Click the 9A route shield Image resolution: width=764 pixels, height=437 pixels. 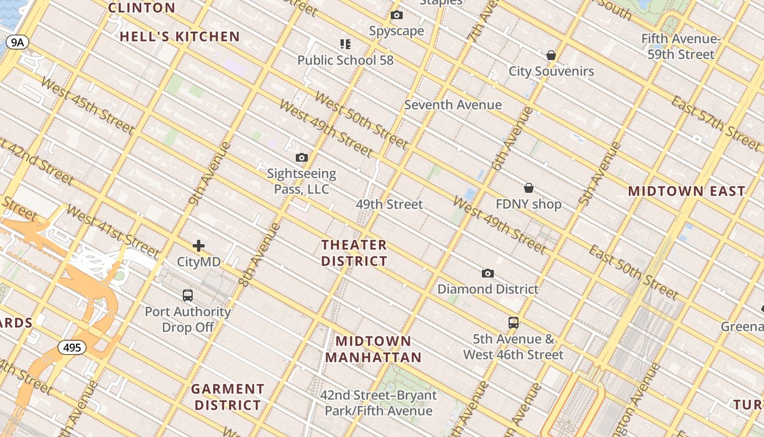coord(17,43)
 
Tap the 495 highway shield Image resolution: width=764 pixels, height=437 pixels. coord(72,347)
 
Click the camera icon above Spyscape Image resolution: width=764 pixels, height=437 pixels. coord(397,15)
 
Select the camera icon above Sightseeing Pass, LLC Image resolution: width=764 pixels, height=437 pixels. coord(301,158)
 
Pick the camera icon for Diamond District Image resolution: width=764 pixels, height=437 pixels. coord(488,273)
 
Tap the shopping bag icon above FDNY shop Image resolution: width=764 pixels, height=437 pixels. coord(528,188)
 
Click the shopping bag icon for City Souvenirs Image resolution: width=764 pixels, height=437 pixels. coord(551,55)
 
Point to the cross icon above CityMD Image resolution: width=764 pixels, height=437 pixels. coord(199,246)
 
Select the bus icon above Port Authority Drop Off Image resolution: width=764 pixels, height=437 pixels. coord(188,296)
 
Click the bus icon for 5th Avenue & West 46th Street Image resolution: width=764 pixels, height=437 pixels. coord(513,322)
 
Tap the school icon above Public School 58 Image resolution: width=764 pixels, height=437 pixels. coord(345,44)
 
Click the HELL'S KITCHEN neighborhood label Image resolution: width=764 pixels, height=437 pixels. coord(180,37)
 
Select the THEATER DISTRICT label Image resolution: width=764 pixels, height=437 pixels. coord(354,253)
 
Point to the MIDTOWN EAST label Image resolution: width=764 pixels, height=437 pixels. coord(686,191)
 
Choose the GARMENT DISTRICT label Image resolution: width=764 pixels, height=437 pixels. coord(228,397)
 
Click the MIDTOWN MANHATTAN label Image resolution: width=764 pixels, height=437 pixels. coord(374,350)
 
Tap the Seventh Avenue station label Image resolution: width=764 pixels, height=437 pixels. coord(453,105)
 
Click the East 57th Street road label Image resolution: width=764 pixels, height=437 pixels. coord(715,124)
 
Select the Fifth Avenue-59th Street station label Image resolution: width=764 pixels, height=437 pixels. coord(681,46)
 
